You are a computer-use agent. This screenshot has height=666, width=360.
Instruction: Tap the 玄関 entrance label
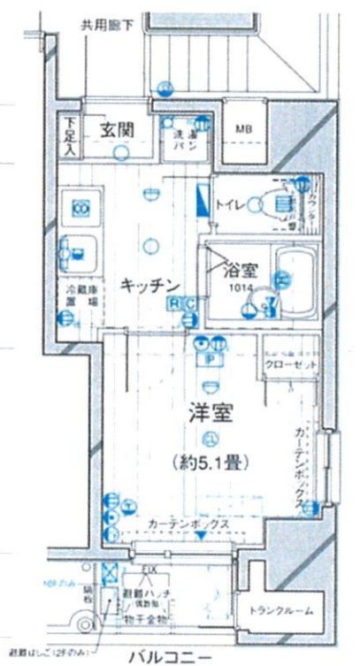(116, 129)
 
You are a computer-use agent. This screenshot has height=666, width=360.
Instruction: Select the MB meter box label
(242, 130)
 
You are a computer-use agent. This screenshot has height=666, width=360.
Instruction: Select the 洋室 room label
(210, 412)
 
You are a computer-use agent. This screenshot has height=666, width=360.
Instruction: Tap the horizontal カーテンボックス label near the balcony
(188, 524)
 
